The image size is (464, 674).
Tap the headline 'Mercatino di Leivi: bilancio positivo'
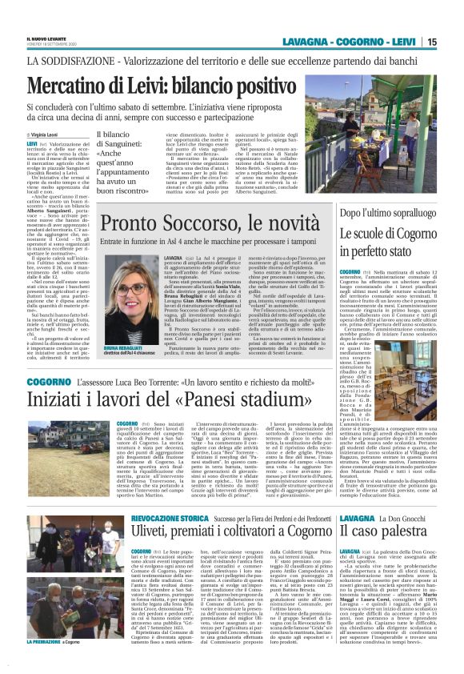[x=175, y=84]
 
